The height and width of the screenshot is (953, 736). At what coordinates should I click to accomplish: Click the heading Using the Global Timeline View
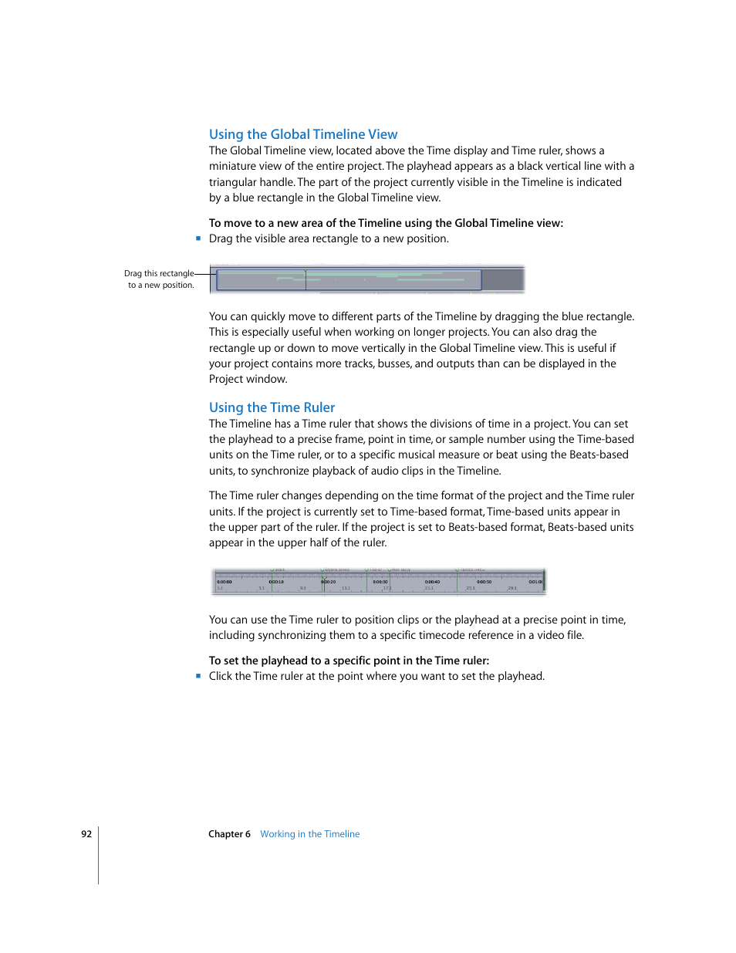(x=303, y=134)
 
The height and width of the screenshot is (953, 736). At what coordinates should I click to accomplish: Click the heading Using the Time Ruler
(x=272, y=407)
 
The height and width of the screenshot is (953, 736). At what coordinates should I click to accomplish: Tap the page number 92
(x=86, y=834)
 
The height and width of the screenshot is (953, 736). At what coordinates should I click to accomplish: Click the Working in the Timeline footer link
(x=309, y=834)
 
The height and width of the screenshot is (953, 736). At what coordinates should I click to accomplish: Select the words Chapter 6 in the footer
(x=229, y=834)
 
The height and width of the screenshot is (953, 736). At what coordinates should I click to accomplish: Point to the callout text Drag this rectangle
(x=159, y=273)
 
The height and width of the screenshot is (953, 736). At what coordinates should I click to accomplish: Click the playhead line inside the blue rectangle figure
(x=306, y=281)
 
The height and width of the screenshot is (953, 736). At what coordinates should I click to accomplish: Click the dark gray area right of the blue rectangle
(x=502, y=279)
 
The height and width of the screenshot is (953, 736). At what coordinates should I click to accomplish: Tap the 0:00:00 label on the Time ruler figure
(x=225, y=582)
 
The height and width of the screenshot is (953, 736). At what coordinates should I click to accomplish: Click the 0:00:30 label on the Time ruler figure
(x=380, y=582)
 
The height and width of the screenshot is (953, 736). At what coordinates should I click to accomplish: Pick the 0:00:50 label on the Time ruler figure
(x=484, y=582)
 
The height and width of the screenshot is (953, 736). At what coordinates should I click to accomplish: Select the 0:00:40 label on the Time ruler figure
(x=432, y=582)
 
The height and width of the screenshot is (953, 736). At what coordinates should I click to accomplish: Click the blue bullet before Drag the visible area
(x=198, y=238)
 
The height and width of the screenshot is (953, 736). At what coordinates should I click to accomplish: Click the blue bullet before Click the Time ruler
(x=198, y=676)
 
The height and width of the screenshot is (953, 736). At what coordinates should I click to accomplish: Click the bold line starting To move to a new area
(x=386, y=223)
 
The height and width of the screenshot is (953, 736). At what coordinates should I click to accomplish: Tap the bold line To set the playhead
(x=349, y=661)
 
